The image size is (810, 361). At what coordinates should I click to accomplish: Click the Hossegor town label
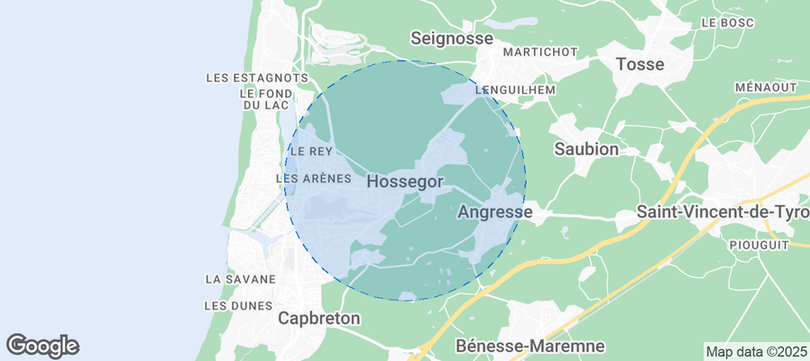405,181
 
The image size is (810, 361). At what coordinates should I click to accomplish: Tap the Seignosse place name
452,38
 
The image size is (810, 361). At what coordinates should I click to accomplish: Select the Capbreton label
319,318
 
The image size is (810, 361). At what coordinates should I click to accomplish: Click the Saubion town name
586,148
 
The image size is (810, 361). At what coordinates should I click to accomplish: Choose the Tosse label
640,64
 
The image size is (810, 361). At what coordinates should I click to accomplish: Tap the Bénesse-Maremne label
530,346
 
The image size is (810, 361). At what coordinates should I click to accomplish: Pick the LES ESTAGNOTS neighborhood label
251,79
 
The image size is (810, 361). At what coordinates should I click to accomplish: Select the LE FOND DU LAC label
264,99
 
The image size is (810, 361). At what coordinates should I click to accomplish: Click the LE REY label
311,151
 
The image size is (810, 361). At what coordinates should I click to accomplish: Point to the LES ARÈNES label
313,179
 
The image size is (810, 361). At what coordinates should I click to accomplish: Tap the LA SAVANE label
239,279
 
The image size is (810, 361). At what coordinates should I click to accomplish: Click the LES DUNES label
238,305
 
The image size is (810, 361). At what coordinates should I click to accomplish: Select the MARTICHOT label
540,51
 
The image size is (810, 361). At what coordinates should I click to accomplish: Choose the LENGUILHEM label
515,90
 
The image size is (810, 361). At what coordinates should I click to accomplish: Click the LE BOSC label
726,22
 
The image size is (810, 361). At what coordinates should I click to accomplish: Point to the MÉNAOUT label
766,87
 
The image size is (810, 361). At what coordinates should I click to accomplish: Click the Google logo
42,345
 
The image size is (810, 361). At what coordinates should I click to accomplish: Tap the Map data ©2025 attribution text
756,351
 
